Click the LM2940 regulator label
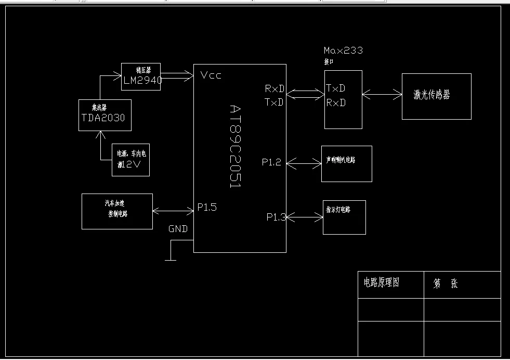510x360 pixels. (x=142, y=81)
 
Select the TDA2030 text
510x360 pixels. (x=103, y=118)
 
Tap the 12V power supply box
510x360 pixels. (x=130, y=160)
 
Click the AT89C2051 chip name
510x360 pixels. (x=235, y=146)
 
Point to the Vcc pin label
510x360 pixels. (x=211, y=76)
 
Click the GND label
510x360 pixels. (x=178, y=229)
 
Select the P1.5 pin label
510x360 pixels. (x=207, y=207)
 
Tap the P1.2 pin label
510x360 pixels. (x=271, y=163)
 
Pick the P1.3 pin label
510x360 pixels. (x=276, y=217)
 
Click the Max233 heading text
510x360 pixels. (x=343, y=50)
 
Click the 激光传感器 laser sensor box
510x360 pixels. (x=436, y=96)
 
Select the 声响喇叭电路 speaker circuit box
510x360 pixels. (x=346, y=163)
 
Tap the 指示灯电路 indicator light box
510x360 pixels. (x=344, y=217)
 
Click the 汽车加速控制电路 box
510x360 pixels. (x=117, y=211)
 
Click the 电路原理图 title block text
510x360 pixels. (x=381, y=284)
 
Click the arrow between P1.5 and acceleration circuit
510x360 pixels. (x=173, y=211)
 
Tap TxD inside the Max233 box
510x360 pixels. (x=336, y=87)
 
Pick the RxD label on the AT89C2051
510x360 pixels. (x=274, y=89)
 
